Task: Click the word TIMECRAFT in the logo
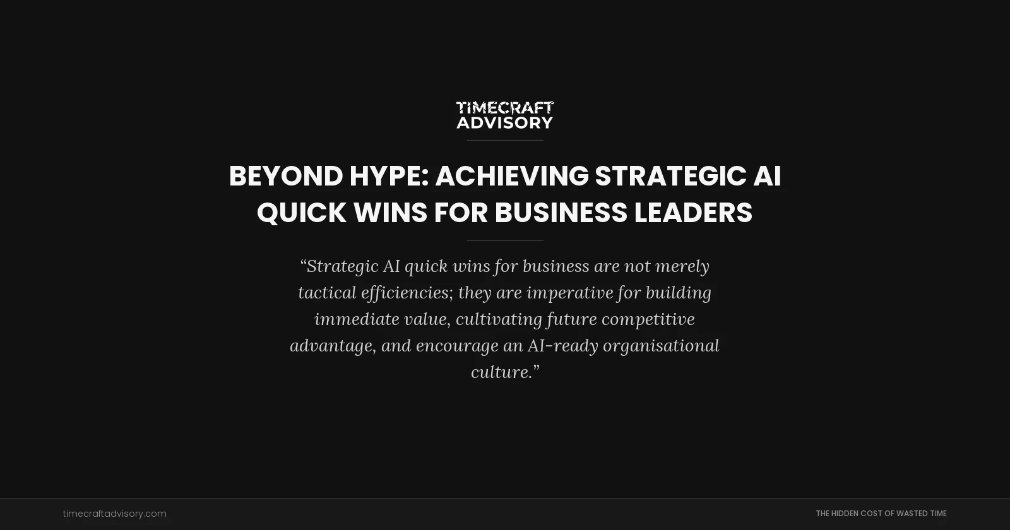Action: tap(505, 108)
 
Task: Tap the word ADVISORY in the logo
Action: tap(505, 122)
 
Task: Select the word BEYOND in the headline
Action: tap(285, 176)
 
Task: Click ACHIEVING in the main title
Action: tap(511, 176)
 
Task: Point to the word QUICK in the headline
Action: tap(301, 213)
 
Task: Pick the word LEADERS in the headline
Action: tap(693, 213)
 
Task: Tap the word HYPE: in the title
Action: tap(389, 176)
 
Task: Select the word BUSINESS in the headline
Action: tap(561, 213)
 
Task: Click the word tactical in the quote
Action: tap(326, 293)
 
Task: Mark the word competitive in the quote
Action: tap(648, 319)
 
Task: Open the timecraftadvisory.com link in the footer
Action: tap(115, 514)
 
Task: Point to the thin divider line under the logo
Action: tap(505, 140)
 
